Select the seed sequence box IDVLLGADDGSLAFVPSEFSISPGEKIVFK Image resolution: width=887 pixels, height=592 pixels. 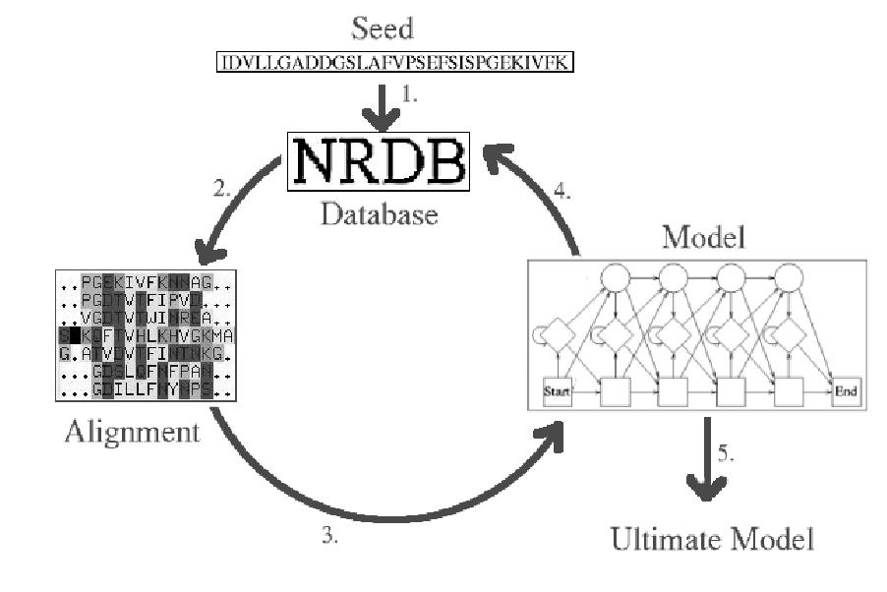[x=395, y=63]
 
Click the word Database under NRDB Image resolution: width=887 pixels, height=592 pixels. [x=379, y=213]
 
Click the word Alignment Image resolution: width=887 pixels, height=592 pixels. [x=133, y=431]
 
